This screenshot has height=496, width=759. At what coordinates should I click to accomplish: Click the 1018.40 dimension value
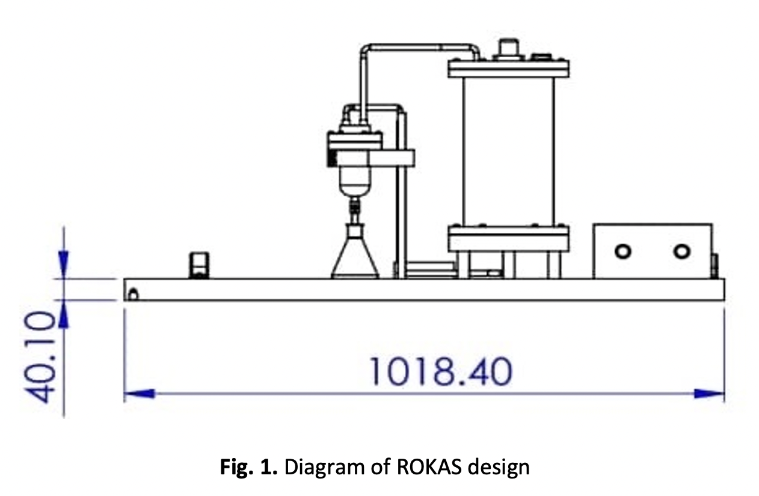(440, 371)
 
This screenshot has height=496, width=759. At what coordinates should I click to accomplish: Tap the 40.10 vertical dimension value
(39, 357)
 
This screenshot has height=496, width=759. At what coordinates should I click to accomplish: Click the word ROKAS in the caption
(429, 467)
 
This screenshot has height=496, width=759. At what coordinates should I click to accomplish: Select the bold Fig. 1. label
(249, 467)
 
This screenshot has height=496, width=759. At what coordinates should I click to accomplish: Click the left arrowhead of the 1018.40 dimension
(140, 394)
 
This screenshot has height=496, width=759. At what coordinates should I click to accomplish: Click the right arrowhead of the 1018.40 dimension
(709, 394)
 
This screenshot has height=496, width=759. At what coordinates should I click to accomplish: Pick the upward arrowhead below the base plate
(64, 314)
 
